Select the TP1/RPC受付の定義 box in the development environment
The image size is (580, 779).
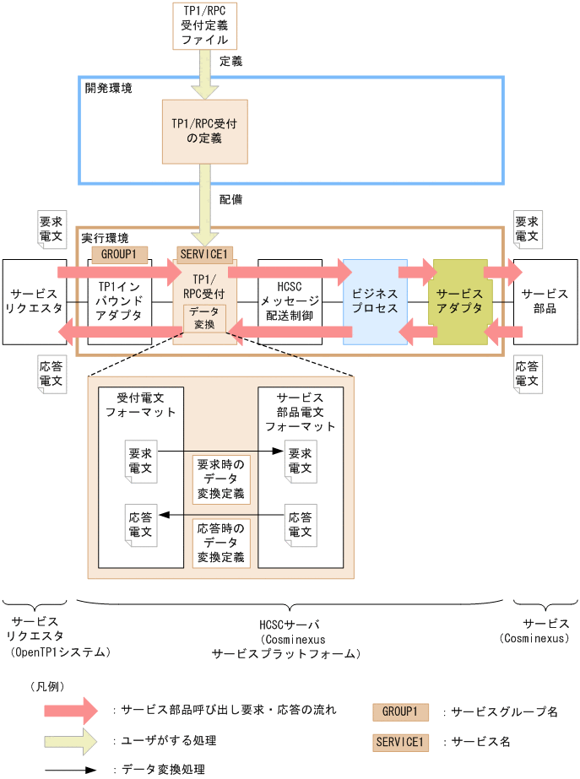[x=204, y=131]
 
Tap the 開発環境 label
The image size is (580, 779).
[x=108, y=88]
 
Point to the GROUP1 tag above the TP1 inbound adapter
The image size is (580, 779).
[x=119, y=253]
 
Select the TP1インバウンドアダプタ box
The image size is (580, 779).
[x=119, y=301]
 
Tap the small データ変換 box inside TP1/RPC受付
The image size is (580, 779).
[x=204, y=317]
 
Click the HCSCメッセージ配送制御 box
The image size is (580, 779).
[x=289, y=301]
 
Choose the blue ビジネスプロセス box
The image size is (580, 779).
[x=374, y=301]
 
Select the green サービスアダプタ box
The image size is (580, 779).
[x=460, y=301]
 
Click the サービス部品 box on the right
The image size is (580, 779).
[x=545, y=301]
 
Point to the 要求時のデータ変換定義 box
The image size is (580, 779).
[x=220, y=479]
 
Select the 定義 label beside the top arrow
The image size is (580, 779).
[x=230, y=61]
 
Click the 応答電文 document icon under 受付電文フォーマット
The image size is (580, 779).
[x=140, y=524]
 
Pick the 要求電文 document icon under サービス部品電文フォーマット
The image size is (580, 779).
[x=300, y=460]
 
